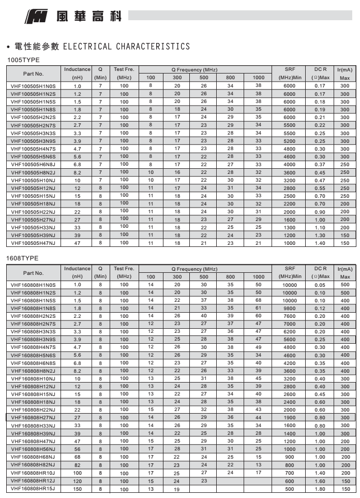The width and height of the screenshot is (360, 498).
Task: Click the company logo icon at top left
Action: [x=35, y=18]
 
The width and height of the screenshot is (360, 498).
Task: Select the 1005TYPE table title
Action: [x=23, y=61]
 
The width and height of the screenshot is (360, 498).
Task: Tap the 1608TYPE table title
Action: [x=23, y=258]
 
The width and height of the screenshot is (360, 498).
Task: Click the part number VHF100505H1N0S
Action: [x=33, y=86]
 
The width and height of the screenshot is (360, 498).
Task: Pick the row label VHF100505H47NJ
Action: [x=33, y=243]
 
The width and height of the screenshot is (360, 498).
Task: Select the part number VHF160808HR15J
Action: [x=33, y=489]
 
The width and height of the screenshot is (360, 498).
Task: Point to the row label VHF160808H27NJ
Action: [x=33, y=418]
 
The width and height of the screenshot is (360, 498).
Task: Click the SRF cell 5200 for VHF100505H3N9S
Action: [x=290, y=141]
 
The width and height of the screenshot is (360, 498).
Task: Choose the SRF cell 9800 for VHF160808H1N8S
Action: [x=290, y=308]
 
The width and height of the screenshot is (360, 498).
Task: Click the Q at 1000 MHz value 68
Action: [x=258, y=300]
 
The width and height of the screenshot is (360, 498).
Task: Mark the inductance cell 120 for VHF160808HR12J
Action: [x=77, y=481]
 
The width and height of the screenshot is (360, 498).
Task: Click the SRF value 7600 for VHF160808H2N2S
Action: [x=290, y=316]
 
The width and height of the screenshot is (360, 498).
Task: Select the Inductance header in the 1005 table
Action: [x=77, y=69]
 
